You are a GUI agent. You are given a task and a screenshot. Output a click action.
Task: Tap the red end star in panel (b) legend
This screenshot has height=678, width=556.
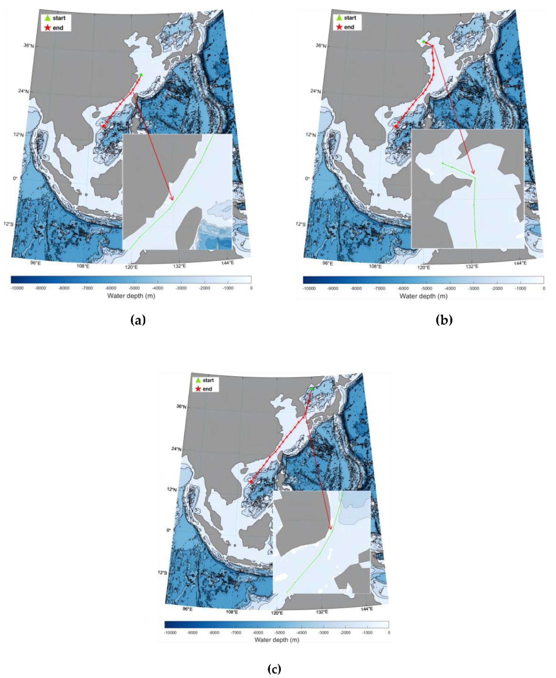(x=339, y=27)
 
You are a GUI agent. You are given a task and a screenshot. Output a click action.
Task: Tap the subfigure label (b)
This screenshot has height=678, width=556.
(x=444, y=320)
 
